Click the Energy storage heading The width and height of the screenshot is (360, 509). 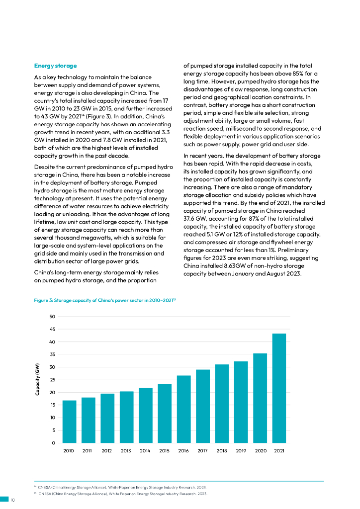[55, 66]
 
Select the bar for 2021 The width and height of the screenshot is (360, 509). [279, 388]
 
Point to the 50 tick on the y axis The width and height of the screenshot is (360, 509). [52, 317]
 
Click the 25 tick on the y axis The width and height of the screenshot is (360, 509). [52, 380]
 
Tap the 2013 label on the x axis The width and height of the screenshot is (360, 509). [126, 451]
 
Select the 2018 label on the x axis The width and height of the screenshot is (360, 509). [222, 451]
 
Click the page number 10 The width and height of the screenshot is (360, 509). [13, 500]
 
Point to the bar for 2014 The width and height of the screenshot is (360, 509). [145, 416]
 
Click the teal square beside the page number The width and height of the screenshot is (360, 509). [4, 500]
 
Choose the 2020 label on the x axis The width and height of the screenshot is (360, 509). [260, 451]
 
